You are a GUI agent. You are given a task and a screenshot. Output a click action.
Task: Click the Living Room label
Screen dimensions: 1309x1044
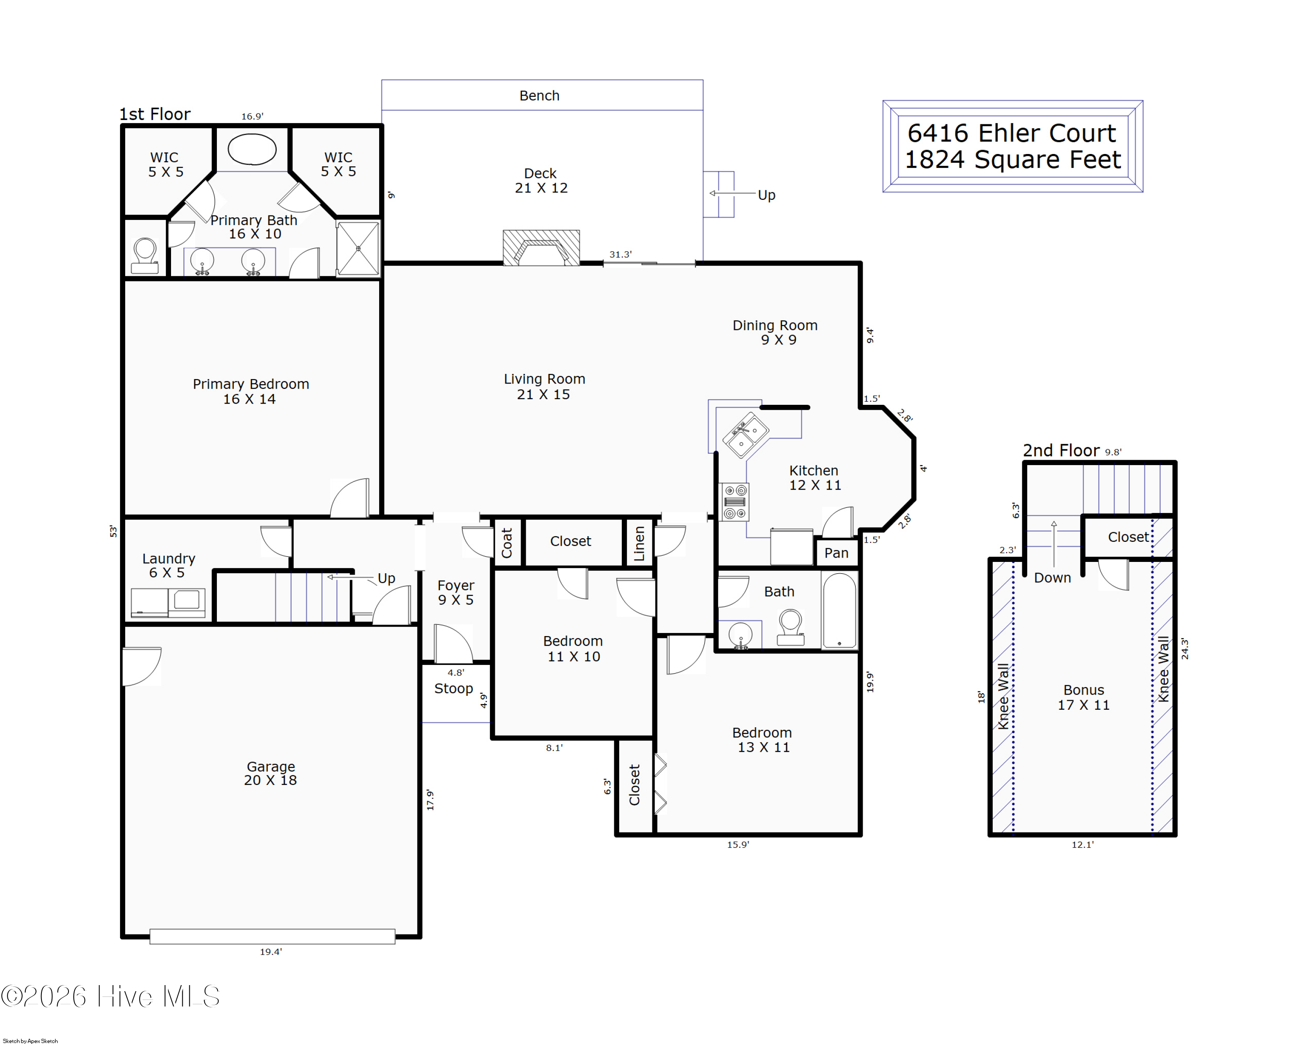coord(544,387)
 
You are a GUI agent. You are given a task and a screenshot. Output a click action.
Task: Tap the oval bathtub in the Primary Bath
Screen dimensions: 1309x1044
coord(251,149)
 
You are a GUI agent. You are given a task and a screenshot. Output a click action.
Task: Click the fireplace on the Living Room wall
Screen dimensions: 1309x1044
coord(541,248)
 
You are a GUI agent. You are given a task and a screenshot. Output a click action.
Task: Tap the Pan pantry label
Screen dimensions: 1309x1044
coord(836,553)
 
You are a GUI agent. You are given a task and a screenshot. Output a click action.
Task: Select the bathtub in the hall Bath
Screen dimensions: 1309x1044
coord(839,611)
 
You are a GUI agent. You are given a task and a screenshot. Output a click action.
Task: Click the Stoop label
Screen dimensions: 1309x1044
coord(453,688)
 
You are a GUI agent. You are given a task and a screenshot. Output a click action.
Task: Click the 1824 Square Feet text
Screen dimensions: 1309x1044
coord(1013,160)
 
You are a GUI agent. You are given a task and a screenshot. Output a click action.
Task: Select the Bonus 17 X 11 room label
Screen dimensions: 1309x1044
coord(1084,698)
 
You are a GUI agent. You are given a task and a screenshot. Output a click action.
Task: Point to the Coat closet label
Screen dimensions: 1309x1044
coord(507,543)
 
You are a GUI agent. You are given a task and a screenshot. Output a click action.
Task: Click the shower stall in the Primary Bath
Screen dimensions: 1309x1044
coord(358,248)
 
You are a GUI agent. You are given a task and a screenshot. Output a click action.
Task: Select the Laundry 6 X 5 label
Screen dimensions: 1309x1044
coord(168,565)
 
